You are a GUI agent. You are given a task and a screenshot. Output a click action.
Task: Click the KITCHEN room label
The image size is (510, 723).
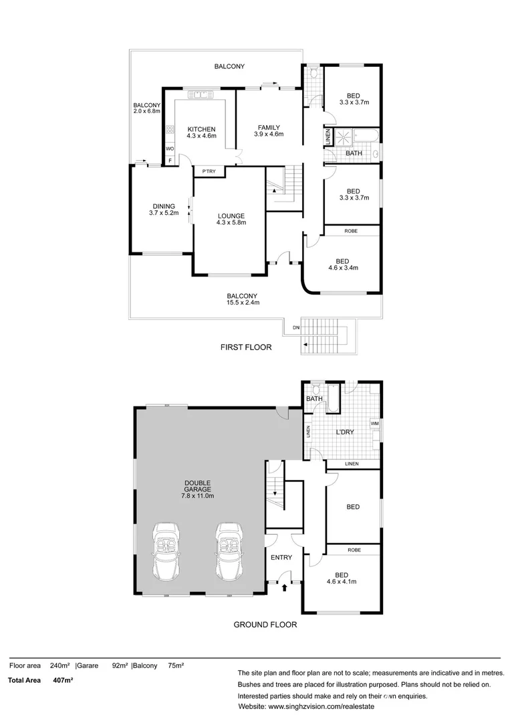click(201, 129)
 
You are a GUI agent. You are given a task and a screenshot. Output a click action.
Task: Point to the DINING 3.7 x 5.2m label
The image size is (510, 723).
click(164, 210)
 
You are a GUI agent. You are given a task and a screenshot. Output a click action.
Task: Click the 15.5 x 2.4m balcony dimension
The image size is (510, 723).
click(241, 303)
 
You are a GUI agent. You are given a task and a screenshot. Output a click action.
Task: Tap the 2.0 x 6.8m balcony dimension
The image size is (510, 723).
click(147, 111)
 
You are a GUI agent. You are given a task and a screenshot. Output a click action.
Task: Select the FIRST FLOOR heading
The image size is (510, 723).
click(246, 347)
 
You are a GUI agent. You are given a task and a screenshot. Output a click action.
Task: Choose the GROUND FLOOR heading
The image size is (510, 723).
click(265, 625)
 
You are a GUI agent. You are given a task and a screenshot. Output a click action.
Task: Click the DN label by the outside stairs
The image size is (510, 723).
click(295, 328)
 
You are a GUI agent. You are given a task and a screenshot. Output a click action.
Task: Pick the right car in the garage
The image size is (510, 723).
click(228, 553)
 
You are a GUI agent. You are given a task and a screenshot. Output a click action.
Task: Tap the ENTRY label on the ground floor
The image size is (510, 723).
click(281, 557)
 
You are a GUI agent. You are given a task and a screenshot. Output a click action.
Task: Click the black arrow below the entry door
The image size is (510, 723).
click(285, 588)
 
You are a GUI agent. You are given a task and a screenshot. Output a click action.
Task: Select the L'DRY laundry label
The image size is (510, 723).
click(344, 432)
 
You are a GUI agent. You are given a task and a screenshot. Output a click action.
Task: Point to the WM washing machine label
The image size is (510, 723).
click(374, 423)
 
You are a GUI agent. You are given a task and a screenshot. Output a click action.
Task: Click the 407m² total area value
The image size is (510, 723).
click(63, 680)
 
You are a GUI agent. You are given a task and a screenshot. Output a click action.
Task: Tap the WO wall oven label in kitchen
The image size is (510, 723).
click(170, 149)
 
